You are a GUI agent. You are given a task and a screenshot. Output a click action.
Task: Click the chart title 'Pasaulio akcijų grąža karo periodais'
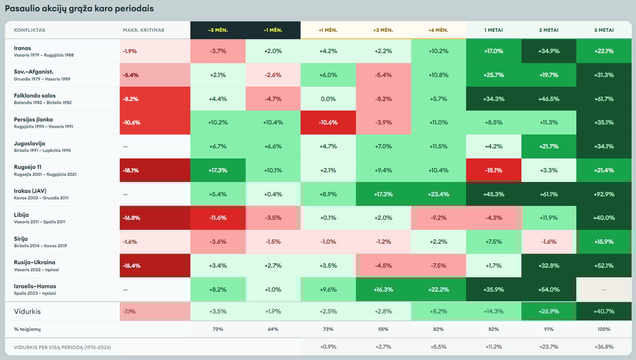click(x=79, y=9)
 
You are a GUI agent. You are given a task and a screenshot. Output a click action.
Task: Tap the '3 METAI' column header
click(x=604, y=30)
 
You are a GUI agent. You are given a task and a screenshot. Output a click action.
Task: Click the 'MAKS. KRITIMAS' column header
click(x=144, y=30)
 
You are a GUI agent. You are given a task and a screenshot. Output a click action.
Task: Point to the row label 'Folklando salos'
click(x=35, y=95)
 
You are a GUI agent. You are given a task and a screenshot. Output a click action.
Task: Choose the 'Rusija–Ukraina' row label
click(x=34, y=262)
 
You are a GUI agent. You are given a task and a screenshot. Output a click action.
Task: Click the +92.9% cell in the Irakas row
click(x=604, y=194)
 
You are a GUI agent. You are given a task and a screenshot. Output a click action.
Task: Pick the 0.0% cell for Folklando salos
click(x=328, y=99)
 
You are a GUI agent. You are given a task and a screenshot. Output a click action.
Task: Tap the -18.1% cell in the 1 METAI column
click(x=493, y=170)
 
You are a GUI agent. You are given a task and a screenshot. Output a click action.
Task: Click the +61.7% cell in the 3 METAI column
click(x=604, y=99)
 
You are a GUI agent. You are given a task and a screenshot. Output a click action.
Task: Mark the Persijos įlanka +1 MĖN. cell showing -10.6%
click(x=328, y=122)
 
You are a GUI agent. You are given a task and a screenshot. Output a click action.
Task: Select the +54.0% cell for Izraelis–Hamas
click(x=549, y=289)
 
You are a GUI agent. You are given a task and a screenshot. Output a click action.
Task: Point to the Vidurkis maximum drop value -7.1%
click(x=129, y=311)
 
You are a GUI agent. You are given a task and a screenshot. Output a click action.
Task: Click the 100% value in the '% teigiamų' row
click(x=604, y=329)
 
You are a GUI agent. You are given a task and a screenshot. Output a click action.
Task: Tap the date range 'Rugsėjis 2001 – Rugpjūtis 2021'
click(x=45, y=174)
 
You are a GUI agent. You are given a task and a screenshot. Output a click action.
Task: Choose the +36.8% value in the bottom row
click(x=604, y=347)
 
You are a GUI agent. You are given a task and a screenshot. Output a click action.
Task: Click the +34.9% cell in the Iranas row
click(x=549, y=51)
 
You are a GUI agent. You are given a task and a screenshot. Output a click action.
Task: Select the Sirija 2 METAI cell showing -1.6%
click(x=549, y=242)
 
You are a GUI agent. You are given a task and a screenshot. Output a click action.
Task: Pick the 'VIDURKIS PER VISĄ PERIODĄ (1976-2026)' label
click(x=62, y=347)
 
